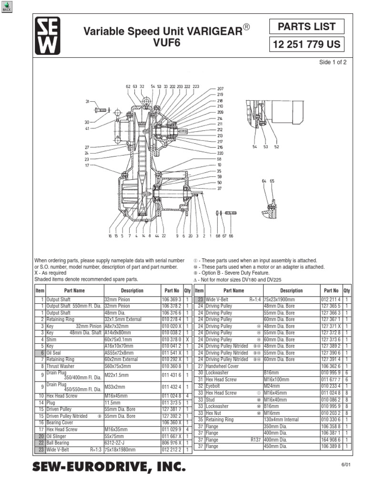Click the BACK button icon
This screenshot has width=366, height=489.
tap(7, 7)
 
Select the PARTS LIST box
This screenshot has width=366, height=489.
tap(306, 27)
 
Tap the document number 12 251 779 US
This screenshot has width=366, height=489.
tap(306, 45)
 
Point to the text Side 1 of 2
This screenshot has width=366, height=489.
tap(333, 63)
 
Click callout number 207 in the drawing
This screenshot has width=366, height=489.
tap(220, 89)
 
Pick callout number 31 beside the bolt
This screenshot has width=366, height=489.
tap(88, 102)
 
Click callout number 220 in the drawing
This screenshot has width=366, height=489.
tap(220, 153)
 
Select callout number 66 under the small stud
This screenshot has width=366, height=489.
tap(231, 235)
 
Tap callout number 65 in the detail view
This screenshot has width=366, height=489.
tap(272, 181)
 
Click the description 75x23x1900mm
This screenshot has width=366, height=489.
tap(284, 299)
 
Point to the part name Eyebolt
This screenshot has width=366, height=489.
tap(214, 386)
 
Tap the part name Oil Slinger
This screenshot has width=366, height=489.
tap(57, 436)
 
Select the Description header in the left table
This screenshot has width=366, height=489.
tap(132, 290)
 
